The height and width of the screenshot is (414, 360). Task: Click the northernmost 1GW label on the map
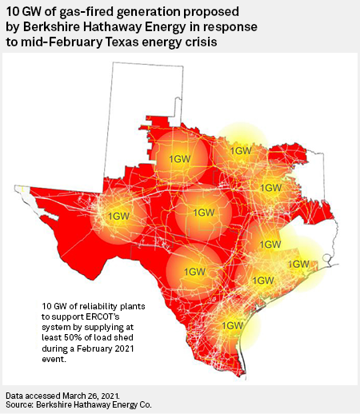pos(241,151)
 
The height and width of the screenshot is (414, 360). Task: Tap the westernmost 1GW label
pos(118,216)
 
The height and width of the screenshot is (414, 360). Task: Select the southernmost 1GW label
pos(233,325)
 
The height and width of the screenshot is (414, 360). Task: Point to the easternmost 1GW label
pos(298,264)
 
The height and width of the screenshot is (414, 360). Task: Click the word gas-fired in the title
pos(63,12)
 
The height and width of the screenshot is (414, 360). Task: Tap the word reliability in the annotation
pos(103,306)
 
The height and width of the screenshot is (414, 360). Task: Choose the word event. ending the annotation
pos(54,359)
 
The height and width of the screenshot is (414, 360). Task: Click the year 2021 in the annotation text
pos(125,348)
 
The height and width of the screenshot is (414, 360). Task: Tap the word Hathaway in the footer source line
pos(91,405)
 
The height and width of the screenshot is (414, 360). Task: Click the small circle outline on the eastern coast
pos(326,257)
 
